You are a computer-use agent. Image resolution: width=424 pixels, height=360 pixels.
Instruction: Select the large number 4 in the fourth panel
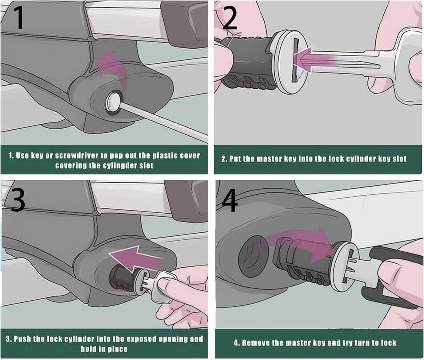coord(229,198)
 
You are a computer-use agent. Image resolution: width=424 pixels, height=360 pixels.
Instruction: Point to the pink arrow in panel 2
coord(314,59)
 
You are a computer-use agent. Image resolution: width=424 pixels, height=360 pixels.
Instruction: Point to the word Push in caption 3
coord(23,339)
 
